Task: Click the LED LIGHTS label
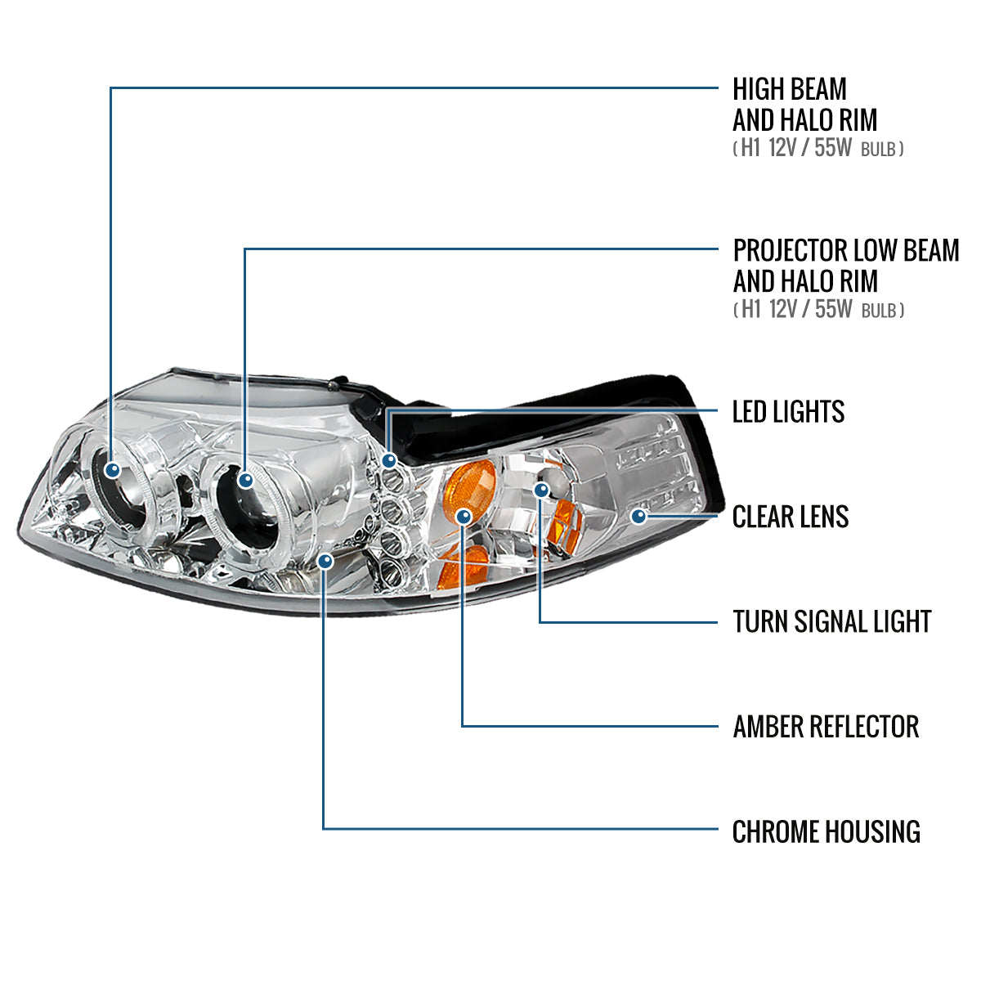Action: tap(788, 412)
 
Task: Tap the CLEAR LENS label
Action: tap(790, 517)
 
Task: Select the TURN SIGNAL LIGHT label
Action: tap(831, 622)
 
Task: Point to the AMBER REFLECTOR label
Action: tap(826, 727)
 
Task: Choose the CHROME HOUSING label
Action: tap(826, 832)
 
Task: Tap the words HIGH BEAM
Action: tap(789, 89)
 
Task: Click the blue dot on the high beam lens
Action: tap(113, 469)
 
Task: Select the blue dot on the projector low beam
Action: tap(246, 480)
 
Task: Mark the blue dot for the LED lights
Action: tap(389, 461)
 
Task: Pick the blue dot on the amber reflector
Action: tap(463, 516)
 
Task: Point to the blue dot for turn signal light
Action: tap(540, 490)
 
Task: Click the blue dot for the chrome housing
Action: tap(325, 561)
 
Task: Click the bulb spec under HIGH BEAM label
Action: tap(817, 150)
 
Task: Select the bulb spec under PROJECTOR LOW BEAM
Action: tap(817, 310)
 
